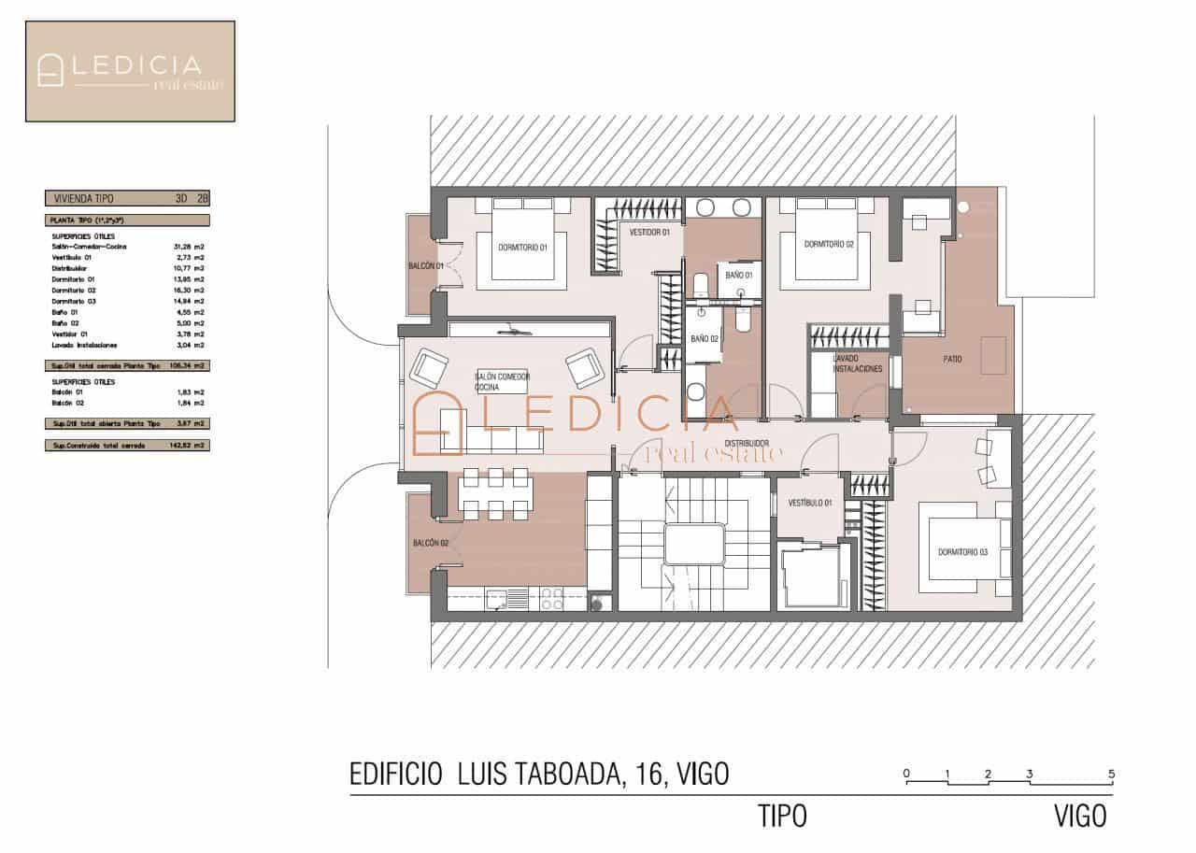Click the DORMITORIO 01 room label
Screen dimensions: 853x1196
(522, 248)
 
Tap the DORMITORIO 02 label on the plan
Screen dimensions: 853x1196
(830, 244)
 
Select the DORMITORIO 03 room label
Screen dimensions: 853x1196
(962, 552)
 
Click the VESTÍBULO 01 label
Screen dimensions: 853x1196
(809, 504)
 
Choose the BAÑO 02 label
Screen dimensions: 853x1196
(705, 339)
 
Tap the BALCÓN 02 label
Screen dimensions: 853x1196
(431, 543)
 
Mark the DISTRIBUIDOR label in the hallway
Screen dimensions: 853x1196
(747, 443)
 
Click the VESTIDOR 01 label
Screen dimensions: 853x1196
(648, 232)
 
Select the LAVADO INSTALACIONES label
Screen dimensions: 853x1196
(858, 363)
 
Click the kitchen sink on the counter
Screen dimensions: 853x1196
(495, 599)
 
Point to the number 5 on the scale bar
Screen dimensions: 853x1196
(1111, 774)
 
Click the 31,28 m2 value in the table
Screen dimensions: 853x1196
(193, 246)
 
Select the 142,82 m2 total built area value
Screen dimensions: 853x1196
(193, 446)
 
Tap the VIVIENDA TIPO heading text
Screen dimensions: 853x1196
(85, 198)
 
